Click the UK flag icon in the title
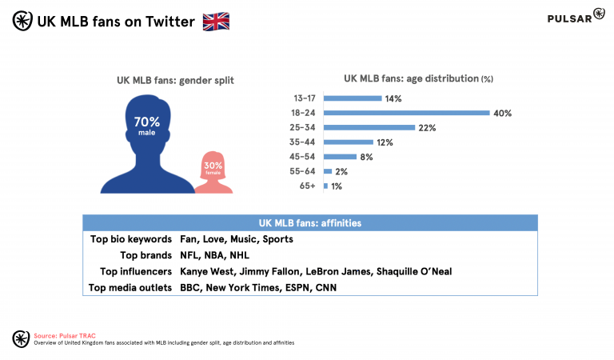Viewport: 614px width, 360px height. point(216,22)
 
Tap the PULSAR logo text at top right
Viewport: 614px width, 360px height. point(569,18)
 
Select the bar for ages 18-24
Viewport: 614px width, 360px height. point(406,113)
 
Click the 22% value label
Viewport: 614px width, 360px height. point(426,128)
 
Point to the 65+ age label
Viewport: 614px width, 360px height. point(309,186)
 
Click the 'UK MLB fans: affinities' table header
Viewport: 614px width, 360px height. point(310,222)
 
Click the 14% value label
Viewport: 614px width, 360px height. point(393,98)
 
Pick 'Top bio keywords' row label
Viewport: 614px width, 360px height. point(131,239)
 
